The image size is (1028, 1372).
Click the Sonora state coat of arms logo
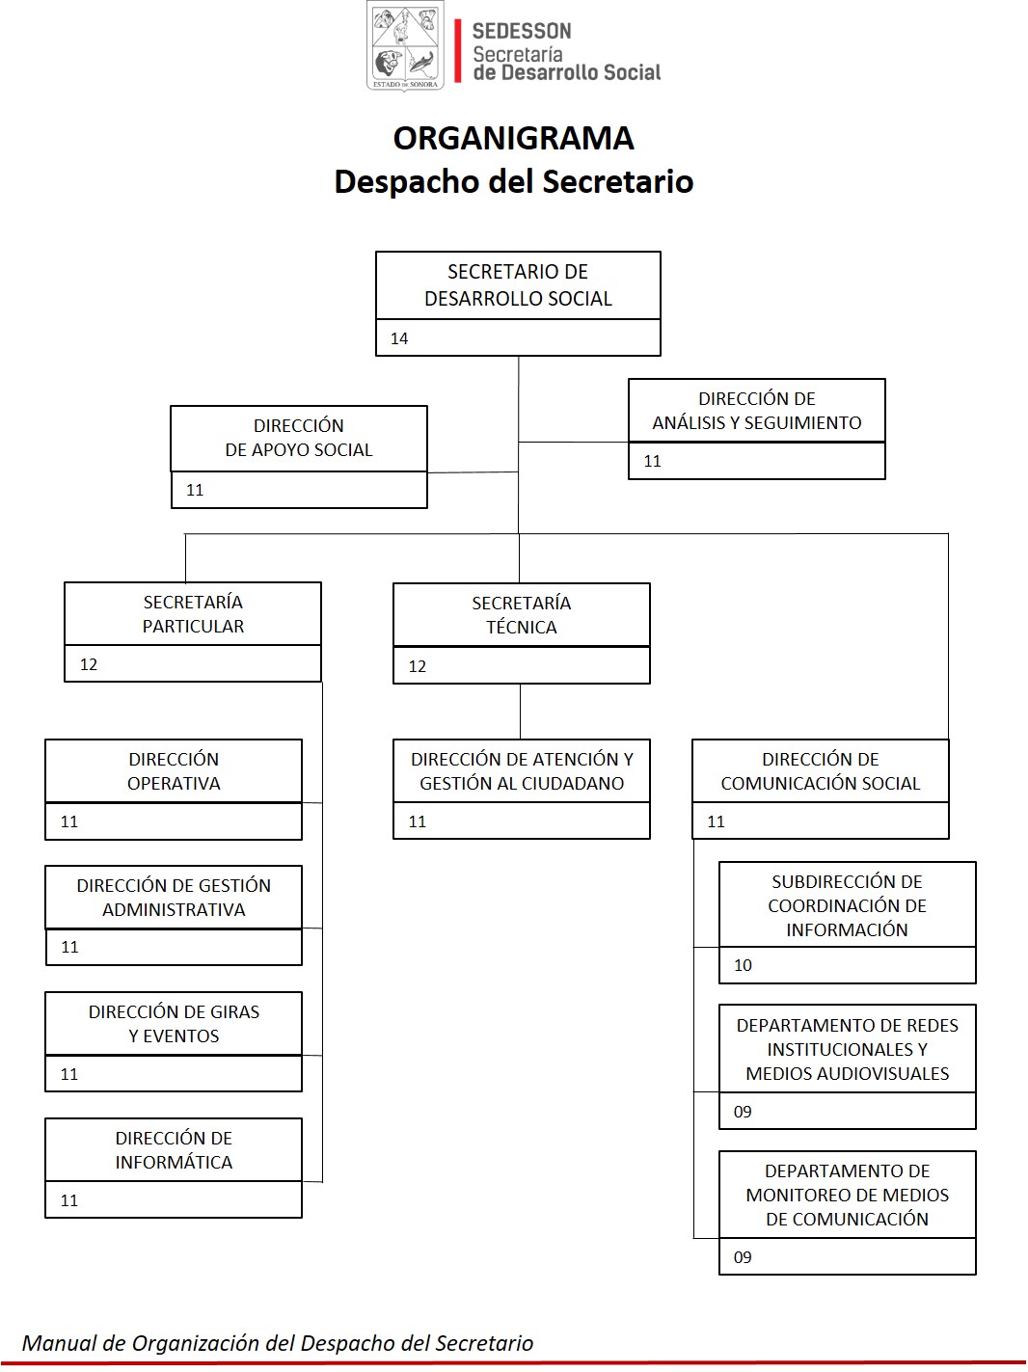tap(405, 46)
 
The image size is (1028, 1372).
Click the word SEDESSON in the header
tap(522, 31)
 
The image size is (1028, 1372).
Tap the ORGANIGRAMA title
tap(514, 138)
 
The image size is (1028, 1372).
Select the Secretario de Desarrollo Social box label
tap(518, 285)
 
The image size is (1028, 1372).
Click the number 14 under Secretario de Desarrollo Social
tap(399, 338)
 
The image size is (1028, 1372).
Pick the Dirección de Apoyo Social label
tap(299, 438)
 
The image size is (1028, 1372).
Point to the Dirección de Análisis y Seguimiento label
tap(757, 411)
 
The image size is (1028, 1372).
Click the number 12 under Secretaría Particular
tap(89, 664)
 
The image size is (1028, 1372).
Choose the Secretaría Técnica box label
tap(521, 615)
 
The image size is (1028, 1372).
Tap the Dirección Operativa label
tap(174, 771)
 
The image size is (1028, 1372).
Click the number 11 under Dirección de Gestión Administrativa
tap(70, 947)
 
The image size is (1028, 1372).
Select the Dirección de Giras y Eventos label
tap(174, 1024)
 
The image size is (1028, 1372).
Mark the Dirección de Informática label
tap(174, 1150)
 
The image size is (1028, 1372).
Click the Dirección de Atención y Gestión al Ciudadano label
tap(522, 771)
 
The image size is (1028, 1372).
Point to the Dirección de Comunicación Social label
tap(821, 771)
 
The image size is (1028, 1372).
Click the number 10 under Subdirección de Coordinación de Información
tap(744, 965)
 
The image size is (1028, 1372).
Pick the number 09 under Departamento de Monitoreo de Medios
tap(744, 1257)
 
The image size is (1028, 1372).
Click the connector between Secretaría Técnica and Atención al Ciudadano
tap(520, 712)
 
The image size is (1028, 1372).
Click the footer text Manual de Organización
tap(278, 1343)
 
